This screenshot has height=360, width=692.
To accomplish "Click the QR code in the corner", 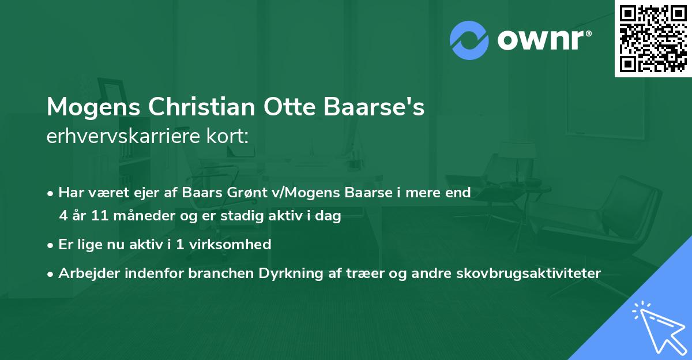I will coord(653,39).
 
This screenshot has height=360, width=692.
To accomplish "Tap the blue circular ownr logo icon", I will coord(469,40).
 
